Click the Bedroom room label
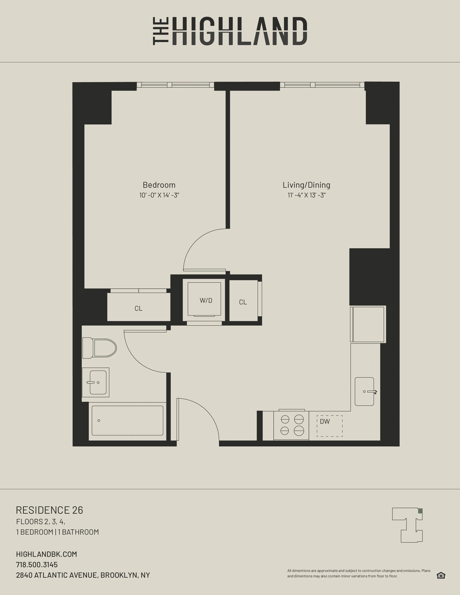click(x=159, y=185)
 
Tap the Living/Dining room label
click(x=306, y=185)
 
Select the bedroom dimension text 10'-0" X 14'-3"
click(x=159, y=195)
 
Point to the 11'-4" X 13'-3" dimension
click(x=306, y=195)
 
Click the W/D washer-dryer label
click(x=206, y=301)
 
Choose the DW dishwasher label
click(x=325, y=422)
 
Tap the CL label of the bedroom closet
click(x=138, y=308)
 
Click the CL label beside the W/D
click(x=243, y=302)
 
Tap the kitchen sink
click(x=364, y=391)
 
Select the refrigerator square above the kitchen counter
click(x=368, y=324)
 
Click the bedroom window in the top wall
click(x=175, y=85)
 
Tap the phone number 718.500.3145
click(x=37, y=565)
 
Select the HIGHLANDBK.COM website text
click(x=47, y=554)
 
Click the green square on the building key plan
click(x=420, y=511)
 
